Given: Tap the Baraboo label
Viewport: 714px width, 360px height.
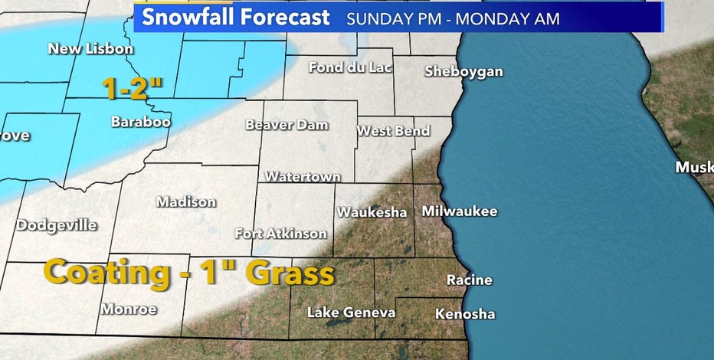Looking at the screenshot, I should pos(140,121).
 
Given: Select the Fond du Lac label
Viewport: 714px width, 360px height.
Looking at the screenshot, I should pos(350,67).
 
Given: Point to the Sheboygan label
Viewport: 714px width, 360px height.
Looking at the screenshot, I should pos(464,71).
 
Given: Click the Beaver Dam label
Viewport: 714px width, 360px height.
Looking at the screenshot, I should pos(287,124).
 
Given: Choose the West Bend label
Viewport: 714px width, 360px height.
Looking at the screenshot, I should pos(393,131).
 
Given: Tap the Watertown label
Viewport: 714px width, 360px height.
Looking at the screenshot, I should pos(303,177).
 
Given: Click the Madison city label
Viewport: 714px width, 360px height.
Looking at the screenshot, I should pos(185,202).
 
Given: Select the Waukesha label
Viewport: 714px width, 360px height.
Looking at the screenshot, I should pos(372,212).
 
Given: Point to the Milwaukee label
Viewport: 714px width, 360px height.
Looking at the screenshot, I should pos(460,211).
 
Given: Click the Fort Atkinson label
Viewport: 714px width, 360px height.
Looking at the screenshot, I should pos(280,234).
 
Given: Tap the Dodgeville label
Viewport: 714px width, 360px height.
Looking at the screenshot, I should pos(57,225).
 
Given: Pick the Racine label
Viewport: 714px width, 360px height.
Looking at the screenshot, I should pos(470,280).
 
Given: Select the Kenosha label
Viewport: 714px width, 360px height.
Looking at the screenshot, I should pos(464,314).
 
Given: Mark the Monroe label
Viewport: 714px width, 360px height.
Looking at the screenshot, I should pos(129,309).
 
